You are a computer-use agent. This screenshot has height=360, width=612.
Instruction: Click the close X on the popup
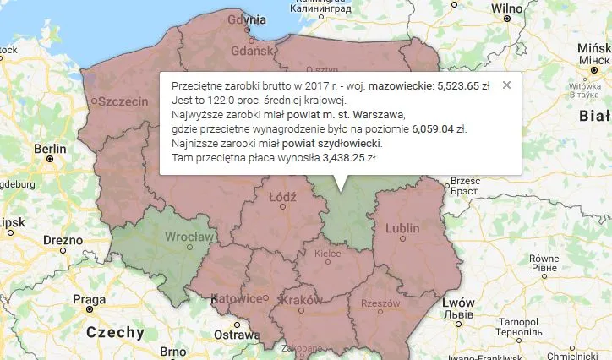506,85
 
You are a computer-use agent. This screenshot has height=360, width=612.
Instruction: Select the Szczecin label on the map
123,101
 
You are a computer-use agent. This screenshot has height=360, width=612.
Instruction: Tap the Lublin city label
402,228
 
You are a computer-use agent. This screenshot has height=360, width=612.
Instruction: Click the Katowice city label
235,298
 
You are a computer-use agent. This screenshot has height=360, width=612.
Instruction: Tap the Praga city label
89,298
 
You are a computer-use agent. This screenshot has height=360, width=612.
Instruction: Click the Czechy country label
115,332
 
